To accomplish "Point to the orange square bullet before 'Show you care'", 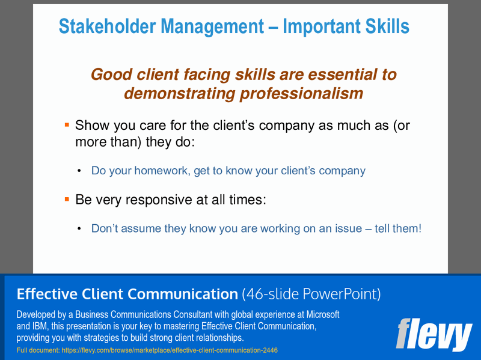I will (67, 124).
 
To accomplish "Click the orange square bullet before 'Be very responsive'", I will (67, 198).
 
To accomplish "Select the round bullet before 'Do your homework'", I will (79, 171).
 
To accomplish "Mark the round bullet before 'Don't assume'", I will (79, 229).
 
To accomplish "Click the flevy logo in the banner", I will (434, 335).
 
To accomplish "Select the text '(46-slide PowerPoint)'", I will (311, 294).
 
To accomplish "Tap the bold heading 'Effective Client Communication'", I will (127, 294).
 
